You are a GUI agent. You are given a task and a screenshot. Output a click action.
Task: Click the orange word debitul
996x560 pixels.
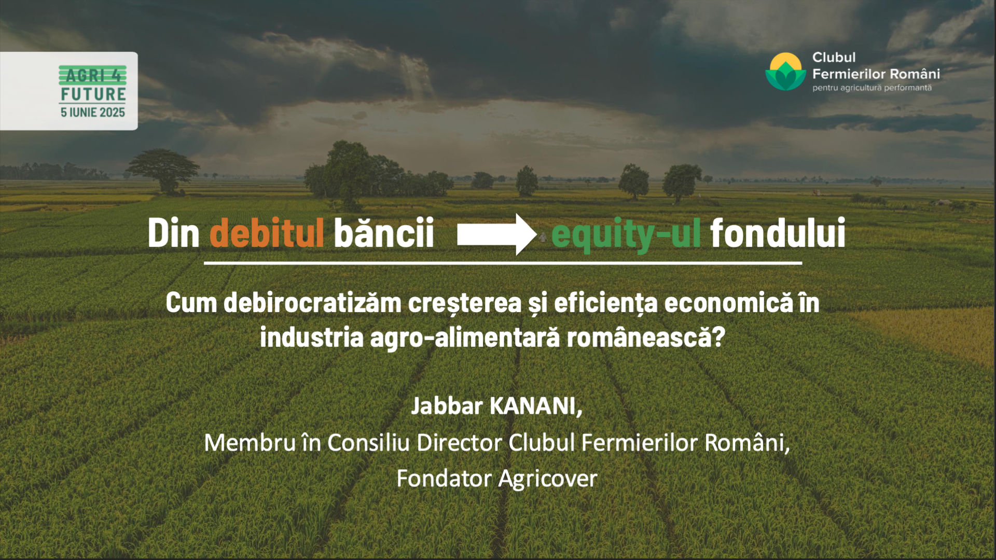point(267,233)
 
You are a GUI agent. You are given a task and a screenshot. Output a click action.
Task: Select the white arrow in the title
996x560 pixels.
point(496,234)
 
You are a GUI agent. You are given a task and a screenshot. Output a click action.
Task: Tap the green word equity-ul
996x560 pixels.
point(626,235)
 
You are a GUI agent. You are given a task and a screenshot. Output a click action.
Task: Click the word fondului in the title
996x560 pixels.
point(778,233)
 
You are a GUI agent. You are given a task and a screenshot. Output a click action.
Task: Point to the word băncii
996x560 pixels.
point(384,233)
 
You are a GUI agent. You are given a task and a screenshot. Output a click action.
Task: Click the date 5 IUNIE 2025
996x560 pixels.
point(93,113)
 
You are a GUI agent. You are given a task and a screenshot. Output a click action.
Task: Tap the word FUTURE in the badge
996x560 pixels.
point(93,94)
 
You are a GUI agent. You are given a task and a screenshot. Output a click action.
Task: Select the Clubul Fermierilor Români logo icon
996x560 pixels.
point(785,72)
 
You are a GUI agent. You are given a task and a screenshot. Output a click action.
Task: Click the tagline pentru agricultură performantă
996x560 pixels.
point(872,88)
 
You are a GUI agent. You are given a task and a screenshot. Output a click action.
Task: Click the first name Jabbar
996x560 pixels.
point(447,406)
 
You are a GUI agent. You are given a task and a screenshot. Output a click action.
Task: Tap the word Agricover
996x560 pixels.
point(548,479)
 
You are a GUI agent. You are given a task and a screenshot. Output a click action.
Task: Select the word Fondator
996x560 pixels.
point(444,478)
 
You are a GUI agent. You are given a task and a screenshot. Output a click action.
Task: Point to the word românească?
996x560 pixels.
point(646,338)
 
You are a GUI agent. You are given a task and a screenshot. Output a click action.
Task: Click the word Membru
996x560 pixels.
point(250,443)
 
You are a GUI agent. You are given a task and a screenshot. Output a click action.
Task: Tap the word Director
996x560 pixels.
point(460,443)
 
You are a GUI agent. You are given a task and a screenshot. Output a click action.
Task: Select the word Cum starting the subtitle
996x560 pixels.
point(191,303)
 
